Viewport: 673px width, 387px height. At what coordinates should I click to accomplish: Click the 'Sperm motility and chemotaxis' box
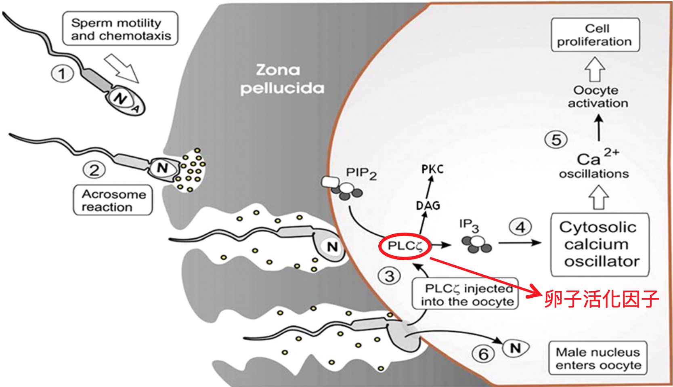(x=120, y=29)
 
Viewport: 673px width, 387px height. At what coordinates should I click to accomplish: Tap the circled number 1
(x=62, y=74)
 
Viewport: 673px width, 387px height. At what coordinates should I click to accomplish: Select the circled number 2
(x=94, y=170)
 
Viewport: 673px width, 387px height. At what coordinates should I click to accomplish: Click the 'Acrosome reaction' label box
(x=113, y=200)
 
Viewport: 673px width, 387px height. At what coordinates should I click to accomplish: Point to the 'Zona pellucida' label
(x=282, y=80)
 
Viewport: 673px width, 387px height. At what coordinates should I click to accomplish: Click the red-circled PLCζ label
(x=405, y=246)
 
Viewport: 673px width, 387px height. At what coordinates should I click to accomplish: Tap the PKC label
(x=432, y=169)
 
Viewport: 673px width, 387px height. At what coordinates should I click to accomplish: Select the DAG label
(x=428, y=206)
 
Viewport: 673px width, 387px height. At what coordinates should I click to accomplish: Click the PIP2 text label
(x=361, y=173)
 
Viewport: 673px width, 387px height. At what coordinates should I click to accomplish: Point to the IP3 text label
(x=469, y=226)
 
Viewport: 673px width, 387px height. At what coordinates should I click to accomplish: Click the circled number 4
(x=520, y=227)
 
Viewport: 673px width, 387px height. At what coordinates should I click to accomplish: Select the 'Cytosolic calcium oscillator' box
(x=600, y=244)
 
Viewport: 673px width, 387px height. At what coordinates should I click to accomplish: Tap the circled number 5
(x=556, y=140)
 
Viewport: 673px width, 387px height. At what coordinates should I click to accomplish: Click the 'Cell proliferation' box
(x=595, y=35)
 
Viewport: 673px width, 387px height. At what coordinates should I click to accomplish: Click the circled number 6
(x=483, y=354)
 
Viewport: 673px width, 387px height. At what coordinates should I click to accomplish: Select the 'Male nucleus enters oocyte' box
(x=598, y=358)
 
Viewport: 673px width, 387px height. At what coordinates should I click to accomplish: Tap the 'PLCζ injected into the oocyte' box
(x=465, y=294)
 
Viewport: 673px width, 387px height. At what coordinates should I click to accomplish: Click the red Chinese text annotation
(x=602, y=299)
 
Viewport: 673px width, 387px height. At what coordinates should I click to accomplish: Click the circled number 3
(x=389, y=276)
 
